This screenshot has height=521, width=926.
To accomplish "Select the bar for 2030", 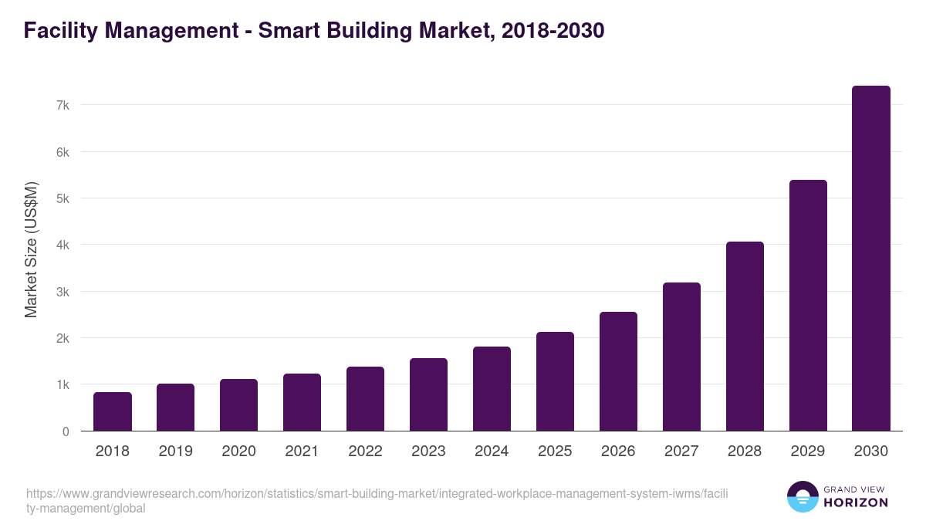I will tap(871, 259).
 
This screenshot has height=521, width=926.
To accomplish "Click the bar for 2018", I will tap(113, 412).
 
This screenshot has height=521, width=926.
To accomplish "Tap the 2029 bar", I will tap(808, 306).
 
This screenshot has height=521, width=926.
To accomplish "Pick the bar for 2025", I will tap(556, 381).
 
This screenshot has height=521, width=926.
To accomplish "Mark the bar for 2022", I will tap(366, 399).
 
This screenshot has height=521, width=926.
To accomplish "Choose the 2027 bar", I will tap(681, 357).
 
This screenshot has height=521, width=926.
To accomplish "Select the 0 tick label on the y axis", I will tap(66, 431).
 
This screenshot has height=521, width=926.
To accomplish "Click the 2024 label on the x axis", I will tap(492, 452).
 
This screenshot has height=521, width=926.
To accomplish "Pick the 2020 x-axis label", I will tap(239, 452).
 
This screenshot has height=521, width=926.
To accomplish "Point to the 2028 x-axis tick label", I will tap(745, 452).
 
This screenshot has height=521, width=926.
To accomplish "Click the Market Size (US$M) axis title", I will tap(31, 249).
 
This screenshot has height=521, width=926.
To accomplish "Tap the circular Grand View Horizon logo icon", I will tap(803, 497).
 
